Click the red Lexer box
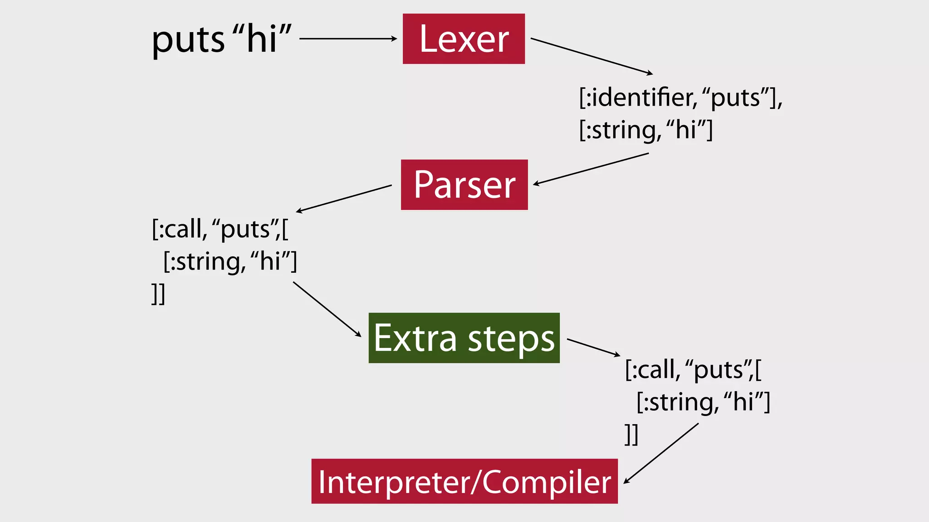coord(464,39)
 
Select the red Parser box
coord(464,185)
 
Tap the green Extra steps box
coord(464,338)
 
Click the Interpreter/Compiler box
coord(464,481)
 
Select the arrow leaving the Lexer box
coord(592,56)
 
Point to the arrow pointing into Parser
coord(591,169)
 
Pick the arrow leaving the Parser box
coord(344,198)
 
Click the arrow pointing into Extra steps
coord(327,309)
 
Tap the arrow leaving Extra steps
coord(593,347)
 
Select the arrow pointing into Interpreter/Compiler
coord(661,453)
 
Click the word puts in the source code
coord(188,40)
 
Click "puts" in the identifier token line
coord(735,98)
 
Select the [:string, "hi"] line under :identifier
coord(646,130)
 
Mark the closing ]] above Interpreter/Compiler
coord(631,434)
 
